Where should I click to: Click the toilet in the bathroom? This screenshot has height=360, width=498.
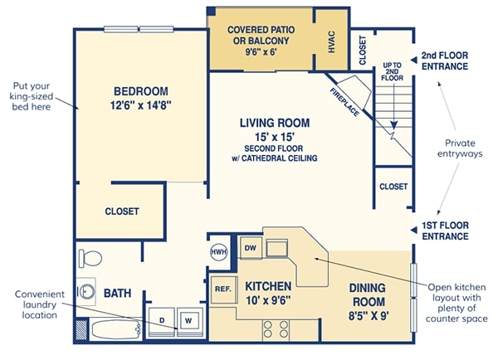coord(90,258)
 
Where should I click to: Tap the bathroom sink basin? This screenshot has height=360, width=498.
coord(86,291)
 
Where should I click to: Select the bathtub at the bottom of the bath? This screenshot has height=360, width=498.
coord(115,330)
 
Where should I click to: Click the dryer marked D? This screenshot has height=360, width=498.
coord(162,321)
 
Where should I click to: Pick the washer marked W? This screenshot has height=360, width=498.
coord(189,321)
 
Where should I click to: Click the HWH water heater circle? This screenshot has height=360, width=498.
coord(219,252)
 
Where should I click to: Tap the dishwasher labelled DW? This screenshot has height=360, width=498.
coord(251,248)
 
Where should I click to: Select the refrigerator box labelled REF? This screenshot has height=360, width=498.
coord(223,289)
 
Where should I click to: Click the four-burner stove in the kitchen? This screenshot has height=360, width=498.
coord(276,328)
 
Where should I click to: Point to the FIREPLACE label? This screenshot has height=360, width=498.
coord(345,102)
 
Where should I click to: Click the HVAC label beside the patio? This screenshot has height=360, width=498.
coord(331,41)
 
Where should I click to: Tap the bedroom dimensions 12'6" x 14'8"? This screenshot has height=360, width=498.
coord(141,105)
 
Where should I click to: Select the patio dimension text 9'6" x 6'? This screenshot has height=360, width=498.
coord(261,51)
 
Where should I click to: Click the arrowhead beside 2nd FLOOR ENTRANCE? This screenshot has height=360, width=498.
coord(413,60)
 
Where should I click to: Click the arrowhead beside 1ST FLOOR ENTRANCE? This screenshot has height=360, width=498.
coord(413,230)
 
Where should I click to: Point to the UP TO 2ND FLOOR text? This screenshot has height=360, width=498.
coord(393,71)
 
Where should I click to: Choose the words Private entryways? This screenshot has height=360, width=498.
coord(460,148)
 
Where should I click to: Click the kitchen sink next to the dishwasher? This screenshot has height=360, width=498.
coord(277,249)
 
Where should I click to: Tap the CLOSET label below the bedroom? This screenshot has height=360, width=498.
coord(122,212)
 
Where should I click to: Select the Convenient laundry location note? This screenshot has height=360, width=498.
coord(39,304)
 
